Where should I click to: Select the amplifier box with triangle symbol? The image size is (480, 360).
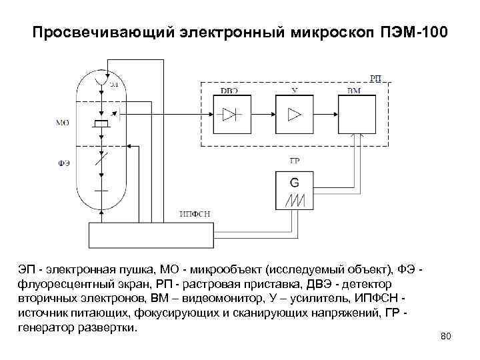294,114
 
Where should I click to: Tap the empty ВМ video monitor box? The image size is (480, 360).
359,113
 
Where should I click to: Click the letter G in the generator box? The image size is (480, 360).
295,181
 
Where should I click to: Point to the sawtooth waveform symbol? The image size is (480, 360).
295,200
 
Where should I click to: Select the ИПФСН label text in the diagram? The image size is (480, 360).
195,213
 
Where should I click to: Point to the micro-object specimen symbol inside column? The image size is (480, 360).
101,125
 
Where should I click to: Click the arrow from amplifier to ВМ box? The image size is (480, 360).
326,114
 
